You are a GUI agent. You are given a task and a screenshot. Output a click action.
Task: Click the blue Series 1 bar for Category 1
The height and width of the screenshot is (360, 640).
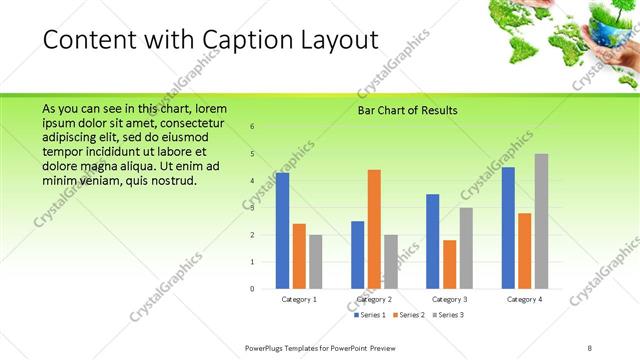[x=282, y=230]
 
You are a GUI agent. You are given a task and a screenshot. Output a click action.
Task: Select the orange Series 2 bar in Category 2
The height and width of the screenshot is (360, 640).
[x=374, y=229]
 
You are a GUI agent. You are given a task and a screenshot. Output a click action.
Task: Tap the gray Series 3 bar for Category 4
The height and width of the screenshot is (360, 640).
[x=541, y=221]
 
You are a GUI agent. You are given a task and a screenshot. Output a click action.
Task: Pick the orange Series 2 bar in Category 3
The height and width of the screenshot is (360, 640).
[x=449, y=264]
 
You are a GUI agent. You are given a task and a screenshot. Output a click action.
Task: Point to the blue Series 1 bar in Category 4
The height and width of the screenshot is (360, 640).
[x=508, y=227]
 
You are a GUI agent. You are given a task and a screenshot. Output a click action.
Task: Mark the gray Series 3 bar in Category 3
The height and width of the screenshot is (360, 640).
[x=466, y=248]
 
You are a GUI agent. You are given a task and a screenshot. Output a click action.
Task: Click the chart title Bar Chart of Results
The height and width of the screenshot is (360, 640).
[x=407, y=110]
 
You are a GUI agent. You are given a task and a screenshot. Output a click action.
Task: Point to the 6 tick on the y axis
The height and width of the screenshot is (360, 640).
[x=252, y=126]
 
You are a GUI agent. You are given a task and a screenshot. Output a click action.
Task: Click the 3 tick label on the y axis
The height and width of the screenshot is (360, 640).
[x=252, y=208]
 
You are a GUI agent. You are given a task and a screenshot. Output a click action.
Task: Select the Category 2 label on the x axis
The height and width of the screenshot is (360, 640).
[x=374, y=299]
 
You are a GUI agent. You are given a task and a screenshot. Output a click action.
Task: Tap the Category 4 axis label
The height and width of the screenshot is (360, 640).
[x=524, y=299]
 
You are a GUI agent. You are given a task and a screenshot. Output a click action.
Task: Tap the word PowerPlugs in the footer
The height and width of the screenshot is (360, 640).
[x=269, y=348]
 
